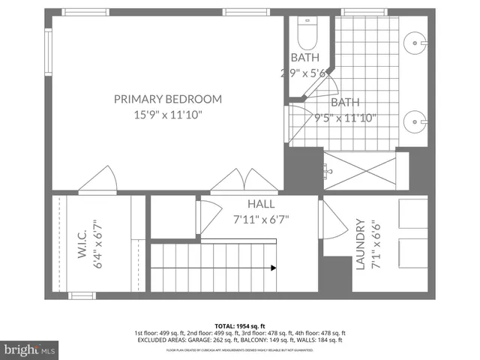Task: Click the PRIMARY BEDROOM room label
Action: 168,99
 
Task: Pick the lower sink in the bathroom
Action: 415,120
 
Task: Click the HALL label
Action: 261,204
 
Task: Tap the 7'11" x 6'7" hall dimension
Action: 261,220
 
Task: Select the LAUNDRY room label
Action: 360,244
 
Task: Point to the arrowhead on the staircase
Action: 273,267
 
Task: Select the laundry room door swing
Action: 330,220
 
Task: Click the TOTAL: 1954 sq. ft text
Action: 240,326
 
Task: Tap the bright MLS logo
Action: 30,349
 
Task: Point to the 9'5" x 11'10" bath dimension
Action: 345,118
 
